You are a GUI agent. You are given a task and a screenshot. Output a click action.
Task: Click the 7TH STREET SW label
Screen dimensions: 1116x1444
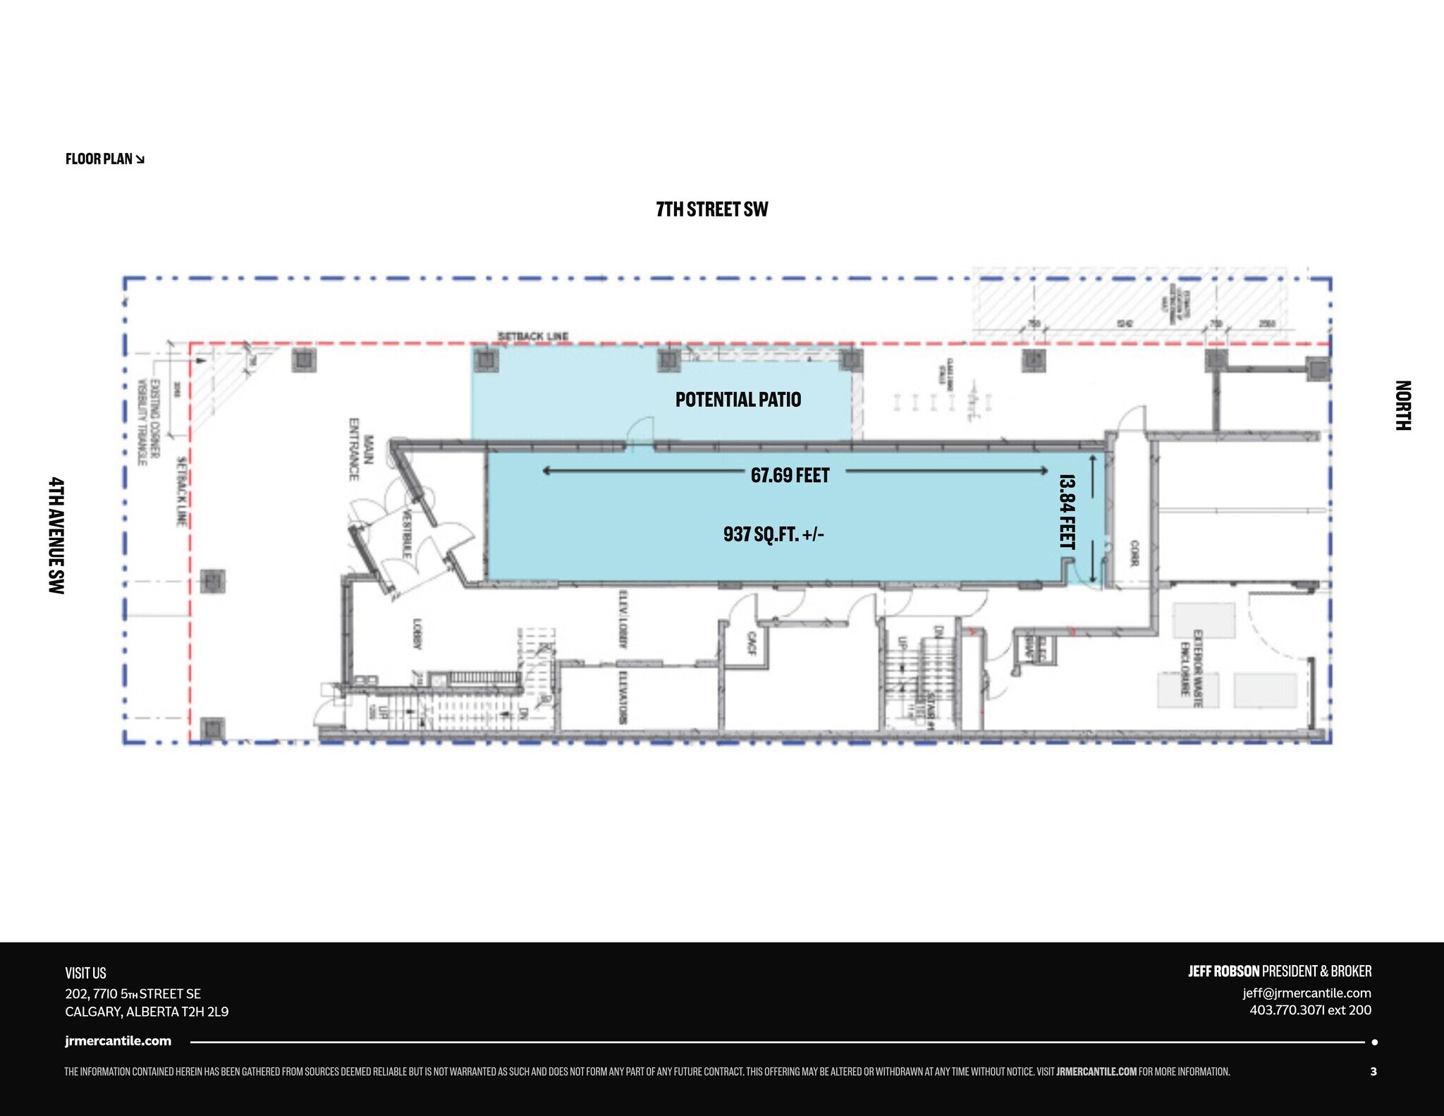[711, 209]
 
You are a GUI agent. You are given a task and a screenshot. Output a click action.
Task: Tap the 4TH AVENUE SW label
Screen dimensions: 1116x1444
[56, 535]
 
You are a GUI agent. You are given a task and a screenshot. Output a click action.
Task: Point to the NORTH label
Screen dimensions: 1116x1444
[1402, 405]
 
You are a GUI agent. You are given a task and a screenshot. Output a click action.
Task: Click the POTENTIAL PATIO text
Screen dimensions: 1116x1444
[738, 400]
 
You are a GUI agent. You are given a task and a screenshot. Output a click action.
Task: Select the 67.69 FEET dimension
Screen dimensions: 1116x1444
[790, 475]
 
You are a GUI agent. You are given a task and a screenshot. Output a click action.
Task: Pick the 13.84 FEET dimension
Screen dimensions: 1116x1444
[1067, 512]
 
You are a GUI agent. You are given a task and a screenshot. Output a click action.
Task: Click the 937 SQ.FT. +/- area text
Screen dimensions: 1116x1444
[773, 534]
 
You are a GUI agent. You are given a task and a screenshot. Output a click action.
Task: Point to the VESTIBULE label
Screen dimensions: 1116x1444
[407, 533]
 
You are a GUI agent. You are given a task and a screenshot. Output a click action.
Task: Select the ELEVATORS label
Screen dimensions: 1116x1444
[623, 697]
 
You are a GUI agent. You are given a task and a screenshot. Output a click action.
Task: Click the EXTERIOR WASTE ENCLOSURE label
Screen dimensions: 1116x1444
[1192, 662]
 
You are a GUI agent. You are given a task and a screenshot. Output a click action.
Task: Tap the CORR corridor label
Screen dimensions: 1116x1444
[1134, 553]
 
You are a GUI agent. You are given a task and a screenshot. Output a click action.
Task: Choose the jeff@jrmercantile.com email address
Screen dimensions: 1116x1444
[1307, 993]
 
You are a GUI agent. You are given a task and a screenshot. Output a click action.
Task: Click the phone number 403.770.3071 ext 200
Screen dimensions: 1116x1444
[1310, 1010]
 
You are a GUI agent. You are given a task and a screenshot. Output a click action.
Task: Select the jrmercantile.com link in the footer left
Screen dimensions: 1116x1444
[118, 1041]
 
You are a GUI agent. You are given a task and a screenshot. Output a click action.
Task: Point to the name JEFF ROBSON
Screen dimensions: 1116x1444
[1223, 971]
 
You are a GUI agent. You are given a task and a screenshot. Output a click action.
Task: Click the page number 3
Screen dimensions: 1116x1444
[1373, 1072]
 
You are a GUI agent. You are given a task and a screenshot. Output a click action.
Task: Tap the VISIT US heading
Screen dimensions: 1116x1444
[85, 973]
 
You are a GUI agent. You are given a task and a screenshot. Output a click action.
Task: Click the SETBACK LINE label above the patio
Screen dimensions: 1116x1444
[533, 336]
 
